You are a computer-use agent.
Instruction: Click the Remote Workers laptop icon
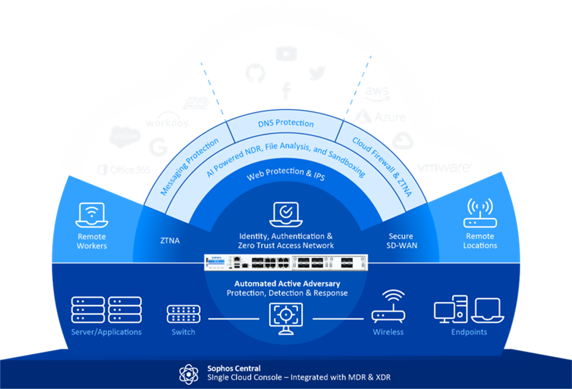[x=92, y=214]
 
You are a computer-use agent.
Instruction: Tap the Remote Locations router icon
[x=480, y=214]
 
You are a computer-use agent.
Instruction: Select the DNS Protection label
[x=286, y=123]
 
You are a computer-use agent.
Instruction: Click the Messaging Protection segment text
[x=190, y=167]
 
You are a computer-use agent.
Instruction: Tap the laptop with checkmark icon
[x=286, y=214]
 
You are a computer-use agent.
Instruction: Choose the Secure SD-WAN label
[x=400, y=241]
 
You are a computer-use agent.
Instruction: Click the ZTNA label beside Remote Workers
[x=170, y=241]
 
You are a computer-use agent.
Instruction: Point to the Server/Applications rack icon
[x=106, y=309]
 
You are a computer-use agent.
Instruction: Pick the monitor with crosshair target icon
[x=286, y=315]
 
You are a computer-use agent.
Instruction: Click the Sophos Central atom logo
[x=189, y=373]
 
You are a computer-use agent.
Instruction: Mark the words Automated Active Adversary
[x=287, y=284]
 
